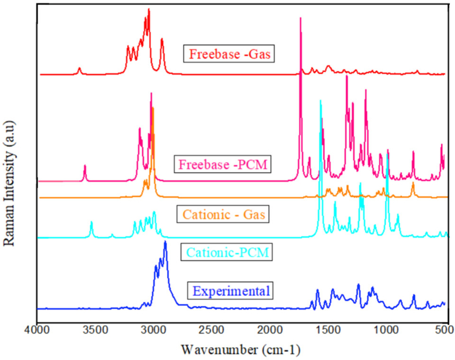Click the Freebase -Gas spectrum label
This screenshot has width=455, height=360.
(228, 54)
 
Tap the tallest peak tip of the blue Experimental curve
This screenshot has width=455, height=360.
(165, 242)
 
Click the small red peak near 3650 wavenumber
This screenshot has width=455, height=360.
(80, 68)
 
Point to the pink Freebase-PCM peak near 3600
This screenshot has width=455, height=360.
(85, 166)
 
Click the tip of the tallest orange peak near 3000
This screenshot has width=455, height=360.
(153, 108)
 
